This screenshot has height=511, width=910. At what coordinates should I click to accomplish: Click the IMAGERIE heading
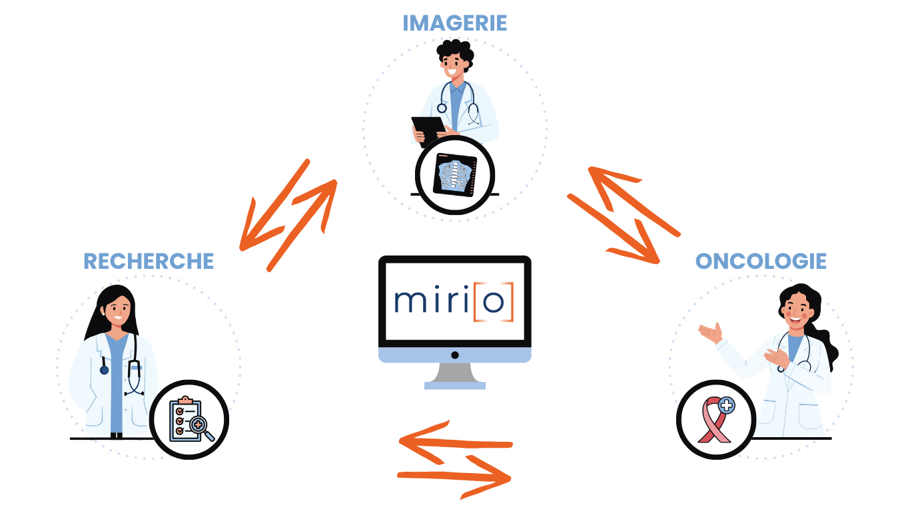[x=454, y=23]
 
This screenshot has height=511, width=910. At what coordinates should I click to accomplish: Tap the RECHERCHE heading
[x=149, y=261]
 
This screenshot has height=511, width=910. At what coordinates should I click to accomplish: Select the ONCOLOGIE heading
[x=761, y=261]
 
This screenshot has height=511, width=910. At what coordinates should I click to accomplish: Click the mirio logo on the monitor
[x=454, y=301]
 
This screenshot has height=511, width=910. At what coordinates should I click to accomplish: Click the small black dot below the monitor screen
[x=454, y=355]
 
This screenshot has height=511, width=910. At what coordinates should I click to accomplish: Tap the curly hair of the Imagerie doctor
[x=455, y=50]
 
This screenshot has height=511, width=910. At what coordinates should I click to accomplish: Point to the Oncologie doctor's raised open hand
[x=711, y=331]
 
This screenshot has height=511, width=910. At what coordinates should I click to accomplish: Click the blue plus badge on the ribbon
[x=726, y=405]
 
